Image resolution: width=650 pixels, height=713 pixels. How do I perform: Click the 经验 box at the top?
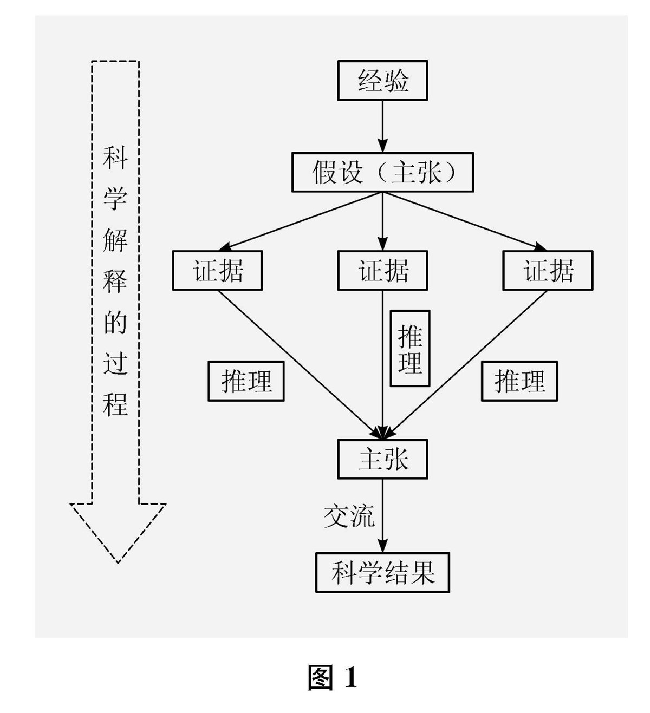382,81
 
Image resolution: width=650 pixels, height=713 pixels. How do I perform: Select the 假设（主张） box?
382,173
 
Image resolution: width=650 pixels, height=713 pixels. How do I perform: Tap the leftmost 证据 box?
217,270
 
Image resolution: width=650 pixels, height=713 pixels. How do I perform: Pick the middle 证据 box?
382,270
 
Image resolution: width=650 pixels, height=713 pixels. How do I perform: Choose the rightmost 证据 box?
548,270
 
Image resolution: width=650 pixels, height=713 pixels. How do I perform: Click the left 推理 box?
246,381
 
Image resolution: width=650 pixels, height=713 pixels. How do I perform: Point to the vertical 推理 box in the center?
410,349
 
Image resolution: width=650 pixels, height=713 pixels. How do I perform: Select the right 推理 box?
519,381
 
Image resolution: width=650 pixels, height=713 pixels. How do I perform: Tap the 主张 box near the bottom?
382,459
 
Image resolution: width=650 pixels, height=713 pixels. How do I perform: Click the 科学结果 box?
382,572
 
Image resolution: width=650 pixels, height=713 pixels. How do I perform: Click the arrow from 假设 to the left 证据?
303,221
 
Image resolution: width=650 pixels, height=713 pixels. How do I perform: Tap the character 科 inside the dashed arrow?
115,158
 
